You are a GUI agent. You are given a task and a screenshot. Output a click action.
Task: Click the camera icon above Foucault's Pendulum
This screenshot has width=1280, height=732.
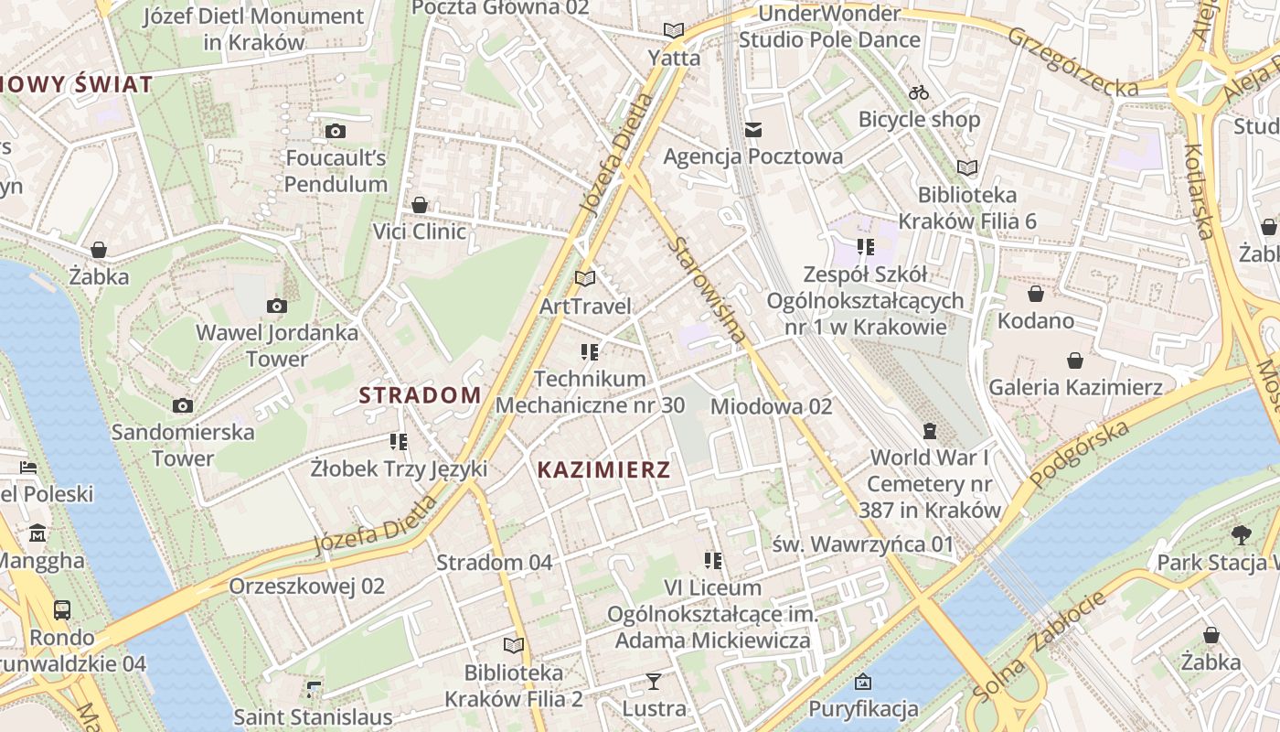(336, 131)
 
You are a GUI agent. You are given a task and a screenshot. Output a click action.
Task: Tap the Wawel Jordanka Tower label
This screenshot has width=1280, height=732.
(277, 345)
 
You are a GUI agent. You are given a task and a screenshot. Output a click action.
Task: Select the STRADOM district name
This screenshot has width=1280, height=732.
(420, 395)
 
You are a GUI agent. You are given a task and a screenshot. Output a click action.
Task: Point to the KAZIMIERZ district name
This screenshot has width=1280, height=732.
(603, 470)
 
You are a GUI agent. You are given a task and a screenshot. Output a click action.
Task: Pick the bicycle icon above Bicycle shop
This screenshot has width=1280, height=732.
(919, 92)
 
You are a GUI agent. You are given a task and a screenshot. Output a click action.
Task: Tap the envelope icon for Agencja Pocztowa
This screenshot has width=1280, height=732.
(753, 130)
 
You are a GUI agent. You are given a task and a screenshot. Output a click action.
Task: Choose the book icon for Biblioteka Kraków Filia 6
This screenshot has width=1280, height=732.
(966, 167)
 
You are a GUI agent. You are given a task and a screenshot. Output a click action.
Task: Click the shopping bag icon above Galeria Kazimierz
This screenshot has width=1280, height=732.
(1075, 361)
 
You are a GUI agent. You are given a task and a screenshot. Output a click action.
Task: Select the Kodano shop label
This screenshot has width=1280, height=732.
(1035, 320)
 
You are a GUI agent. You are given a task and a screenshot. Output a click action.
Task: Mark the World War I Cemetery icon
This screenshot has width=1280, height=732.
(930, 430)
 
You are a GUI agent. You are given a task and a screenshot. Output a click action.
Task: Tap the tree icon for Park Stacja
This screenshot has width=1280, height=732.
(1241, 535)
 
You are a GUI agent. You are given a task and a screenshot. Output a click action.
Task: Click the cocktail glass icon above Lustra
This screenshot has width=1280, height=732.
(654, 682)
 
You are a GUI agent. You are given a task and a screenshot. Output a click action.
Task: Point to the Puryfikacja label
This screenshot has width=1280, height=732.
(863, 709)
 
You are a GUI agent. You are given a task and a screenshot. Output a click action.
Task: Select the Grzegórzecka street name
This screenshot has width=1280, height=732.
(1073, 61)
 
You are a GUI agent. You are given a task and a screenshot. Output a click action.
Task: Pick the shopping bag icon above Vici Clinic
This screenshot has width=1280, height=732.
(420, 204)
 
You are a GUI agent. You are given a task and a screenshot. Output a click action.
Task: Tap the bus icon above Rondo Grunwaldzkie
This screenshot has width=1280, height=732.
(62, 610)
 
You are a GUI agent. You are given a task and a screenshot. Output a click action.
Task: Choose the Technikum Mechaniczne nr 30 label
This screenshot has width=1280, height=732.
(590, 392)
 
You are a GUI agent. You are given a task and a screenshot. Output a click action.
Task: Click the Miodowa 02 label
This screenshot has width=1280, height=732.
(771, 405)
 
